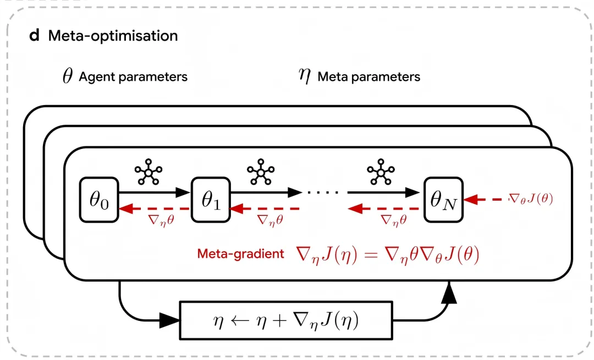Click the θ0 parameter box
(x=100, y=200)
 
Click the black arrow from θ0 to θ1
(x=155, y=192)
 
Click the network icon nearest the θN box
(x=381, y=173)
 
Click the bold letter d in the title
(x=35, y=36)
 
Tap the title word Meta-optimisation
(x=113, y=36)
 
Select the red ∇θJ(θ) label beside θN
(x=531, y=199)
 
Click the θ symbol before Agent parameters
(x=67, y=76)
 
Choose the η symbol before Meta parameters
(x=304, y=76)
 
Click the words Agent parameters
(x=133, y=77)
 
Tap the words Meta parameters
(x=369, y=77)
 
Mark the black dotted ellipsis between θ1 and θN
(x=324, y=192)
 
